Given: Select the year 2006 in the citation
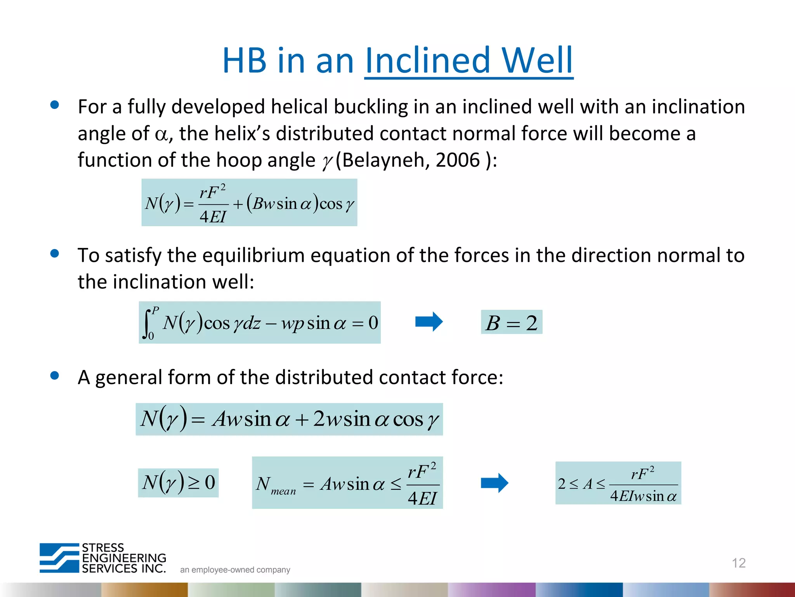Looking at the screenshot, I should click(458, 160).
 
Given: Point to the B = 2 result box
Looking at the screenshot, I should click(511, 322).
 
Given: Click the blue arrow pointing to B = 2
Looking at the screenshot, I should click(429, 322).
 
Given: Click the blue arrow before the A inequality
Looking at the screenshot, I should click(494, 483).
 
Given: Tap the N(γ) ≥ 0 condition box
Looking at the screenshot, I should click(178, 483).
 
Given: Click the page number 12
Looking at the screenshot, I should click(738, 563).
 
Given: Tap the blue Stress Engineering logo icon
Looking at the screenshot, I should click(59, 558).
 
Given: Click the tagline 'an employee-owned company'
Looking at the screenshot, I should click(235, 570).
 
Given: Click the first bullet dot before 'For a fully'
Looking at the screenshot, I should click(55, 105).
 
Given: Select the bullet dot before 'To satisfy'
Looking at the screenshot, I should click(55, 254).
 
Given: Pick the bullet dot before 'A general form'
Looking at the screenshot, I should click(55, 375).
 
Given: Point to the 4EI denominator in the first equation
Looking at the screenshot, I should click(213, 216).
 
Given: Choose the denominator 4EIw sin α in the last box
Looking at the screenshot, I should click(643, 496).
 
